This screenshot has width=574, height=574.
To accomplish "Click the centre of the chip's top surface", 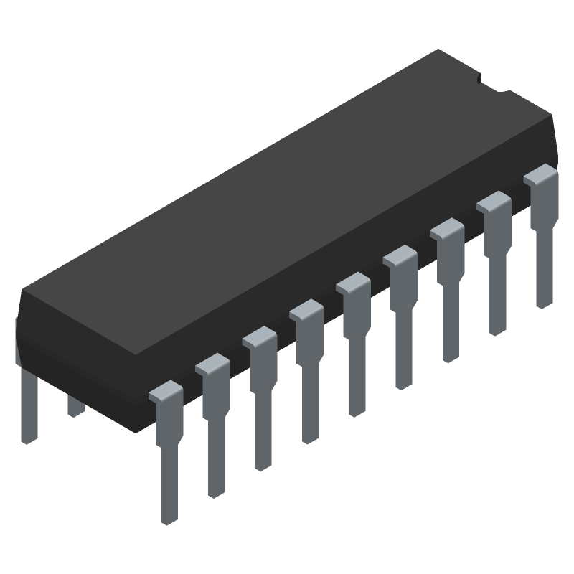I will [287, 201].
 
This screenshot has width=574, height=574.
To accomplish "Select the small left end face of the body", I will [18, 337].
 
